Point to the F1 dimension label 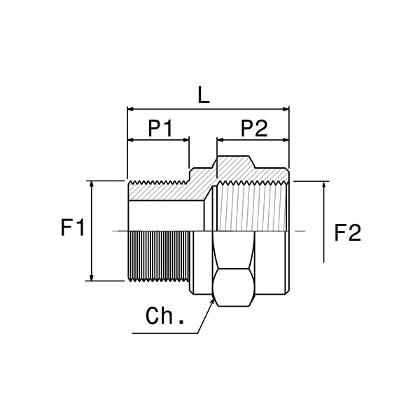pyautogui.click(x=73, y=229)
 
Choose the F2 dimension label pyautogui.click(x=348, y=233)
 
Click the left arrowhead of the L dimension pyautogui.click(x=129, y=109)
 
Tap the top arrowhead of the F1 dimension pyautogui.click(x=92, y=184)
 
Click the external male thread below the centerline pyautogui.click(x=159, y=256)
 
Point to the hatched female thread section pyautogui.click(x=252, y=206)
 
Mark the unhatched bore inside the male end pyautogui.click(x=164, y=216)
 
